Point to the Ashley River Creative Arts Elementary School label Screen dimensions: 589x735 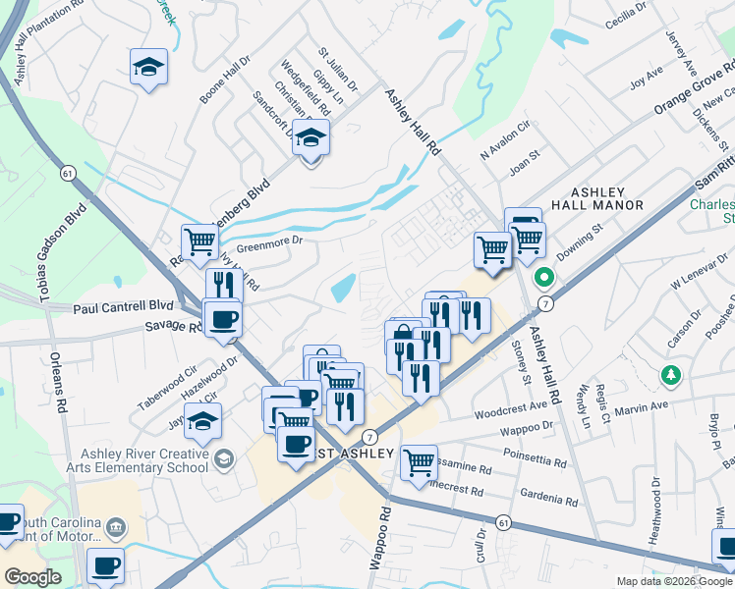tap(145, 460)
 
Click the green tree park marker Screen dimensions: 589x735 tap(671, 375)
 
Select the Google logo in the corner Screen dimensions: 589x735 tap(32, 577)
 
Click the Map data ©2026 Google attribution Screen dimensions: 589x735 tap(673, 581)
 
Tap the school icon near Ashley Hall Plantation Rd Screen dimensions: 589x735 tap(148, 67)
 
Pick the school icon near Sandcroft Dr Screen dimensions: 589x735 tap(311, 138)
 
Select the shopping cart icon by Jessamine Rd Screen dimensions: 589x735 tap(419, 459)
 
